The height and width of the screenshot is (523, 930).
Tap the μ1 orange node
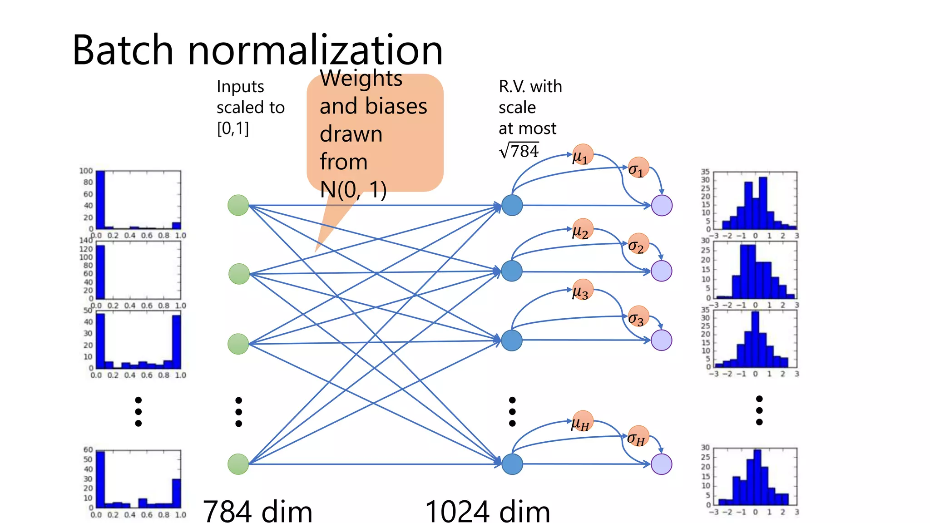tap(583, 155)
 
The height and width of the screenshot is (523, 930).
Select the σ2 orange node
tap(638, 244)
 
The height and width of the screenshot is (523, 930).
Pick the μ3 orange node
tap(583, 290)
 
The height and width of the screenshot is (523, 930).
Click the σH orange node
tap(638, 437)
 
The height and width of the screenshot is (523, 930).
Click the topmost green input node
tap(238, 205)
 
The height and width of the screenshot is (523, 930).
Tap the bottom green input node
tap(238, 464)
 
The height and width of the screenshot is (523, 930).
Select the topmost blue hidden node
tap(512, 205)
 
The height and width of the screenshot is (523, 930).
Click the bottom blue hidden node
tap(512, 464)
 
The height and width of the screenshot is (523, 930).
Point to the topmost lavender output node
tap(662, 205)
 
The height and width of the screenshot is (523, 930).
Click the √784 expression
tap(519, 151)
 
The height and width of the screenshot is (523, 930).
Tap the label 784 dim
tap(257, 511)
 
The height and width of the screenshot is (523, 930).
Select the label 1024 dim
tap(487, 511)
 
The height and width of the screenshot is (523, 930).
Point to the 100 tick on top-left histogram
tap(86, 171)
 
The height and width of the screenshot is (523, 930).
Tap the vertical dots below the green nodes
tap(238, 412)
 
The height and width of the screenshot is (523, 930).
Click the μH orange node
tap(582, 421)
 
